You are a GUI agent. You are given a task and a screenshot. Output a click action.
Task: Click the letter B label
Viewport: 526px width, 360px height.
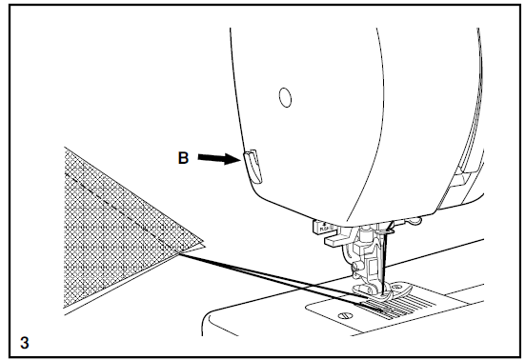(183, 160)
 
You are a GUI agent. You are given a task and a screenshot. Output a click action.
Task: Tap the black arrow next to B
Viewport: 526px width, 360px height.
(216, 160)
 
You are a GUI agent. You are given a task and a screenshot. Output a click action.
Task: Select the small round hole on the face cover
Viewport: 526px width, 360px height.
(284, 96)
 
